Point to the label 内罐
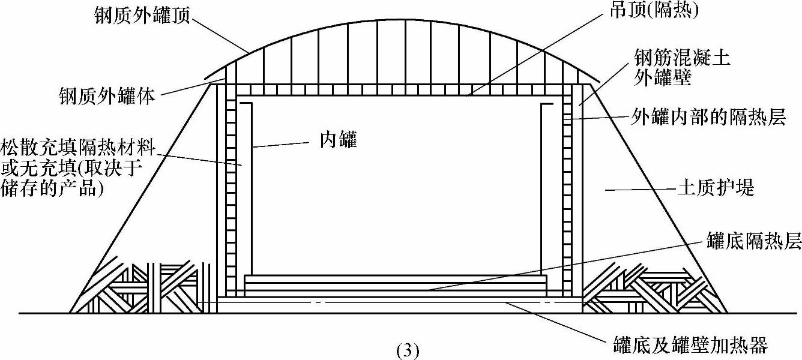click(x=337, y=141)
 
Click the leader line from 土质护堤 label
click(x=636, y=190)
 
